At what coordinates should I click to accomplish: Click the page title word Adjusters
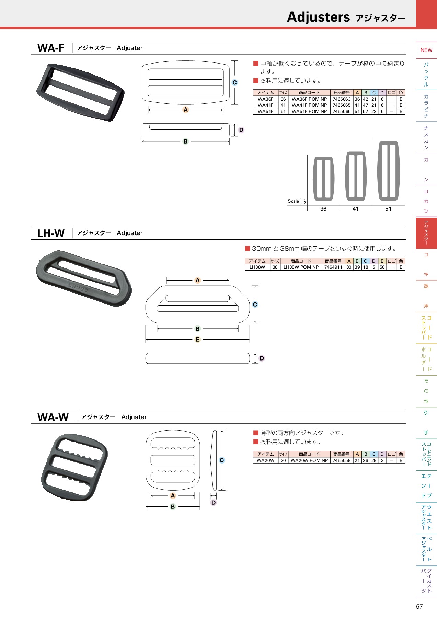[318, 17]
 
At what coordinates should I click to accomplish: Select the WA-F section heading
[51, 48]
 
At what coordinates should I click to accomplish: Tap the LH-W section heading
[51, 233]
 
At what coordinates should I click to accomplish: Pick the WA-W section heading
[53, 417]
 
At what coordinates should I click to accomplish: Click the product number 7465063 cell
[342, 99]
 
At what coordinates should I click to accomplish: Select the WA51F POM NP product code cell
[309, 111]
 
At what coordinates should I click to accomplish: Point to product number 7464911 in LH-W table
[333, 267]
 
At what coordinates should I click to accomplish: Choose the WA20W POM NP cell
[309, 460]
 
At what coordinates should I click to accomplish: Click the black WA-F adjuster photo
[81, 92]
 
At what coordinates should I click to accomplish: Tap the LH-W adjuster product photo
[84, 278]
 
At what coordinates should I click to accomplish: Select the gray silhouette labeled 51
[388, 171]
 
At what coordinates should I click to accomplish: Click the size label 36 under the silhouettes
[323, 209]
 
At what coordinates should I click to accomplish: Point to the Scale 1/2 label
[297, 201]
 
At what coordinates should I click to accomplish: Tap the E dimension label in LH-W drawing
[197, 340]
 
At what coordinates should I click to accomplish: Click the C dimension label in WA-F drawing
[235, 82]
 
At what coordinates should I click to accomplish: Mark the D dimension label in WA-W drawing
[214, 503]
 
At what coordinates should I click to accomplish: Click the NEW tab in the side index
[426, 50]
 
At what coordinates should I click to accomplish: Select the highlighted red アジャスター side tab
[426, 233]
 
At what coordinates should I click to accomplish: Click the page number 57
[419, 607]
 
